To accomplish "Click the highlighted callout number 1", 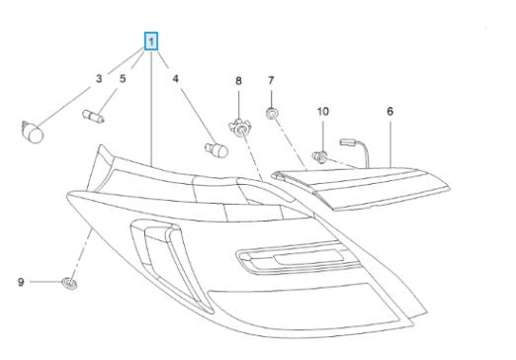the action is pos(151,42).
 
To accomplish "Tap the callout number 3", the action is pos(99,79).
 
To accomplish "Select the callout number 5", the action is pos(123,79).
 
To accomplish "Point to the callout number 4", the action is pos(175,79).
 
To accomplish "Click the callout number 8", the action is pos(238,81).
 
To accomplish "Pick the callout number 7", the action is pos(271,80).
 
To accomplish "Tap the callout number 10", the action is pos(323,112).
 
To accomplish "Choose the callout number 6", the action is pos(390,112).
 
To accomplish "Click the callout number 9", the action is pos(21,282).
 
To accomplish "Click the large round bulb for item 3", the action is pos(33,133).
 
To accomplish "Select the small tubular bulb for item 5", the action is pos(93,116).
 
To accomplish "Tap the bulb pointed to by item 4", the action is pos(216,150).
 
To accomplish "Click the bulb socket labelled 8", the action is pos(240,128).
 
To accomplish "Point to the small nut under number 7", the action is pos(272,114).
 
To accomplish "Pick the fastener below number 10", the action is pos(319,156).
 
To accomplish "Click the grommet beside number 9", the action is pos(69,284).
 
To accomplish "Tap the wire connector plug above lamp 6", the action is pos(348,142).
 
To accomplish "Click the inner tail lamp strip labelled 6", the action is pos(361,188).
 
